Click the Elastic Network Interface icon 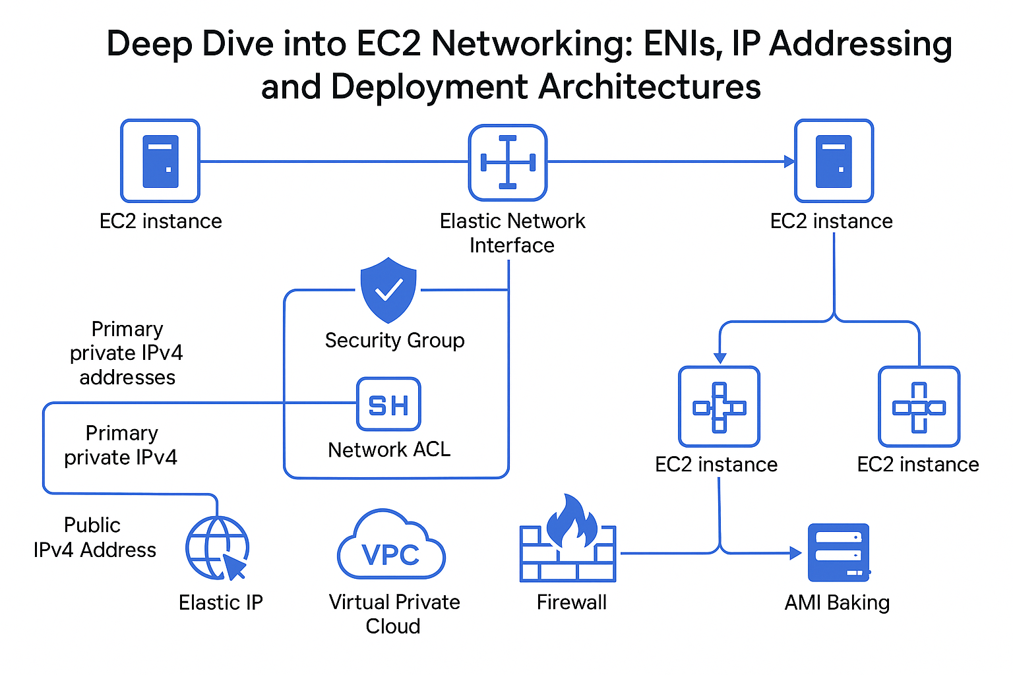(507, 162)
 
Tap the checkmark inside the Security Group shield (388, 289)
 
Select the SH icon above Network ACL (388, 405)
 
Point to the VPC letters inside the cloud (390, 555)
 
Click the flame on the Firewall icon (571, 521)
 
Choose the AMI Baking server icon (838, 552)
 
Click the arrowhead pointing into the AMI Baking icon (796, 553)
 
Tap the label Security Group (394, 340)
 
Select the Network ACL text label (389, 450)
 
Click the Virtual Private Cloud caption (394, 614)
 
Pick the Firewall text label (571, 602)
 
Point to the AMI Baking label (837, 602)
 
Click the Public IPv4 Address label (94, 537)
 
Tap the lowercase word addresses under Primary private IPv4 (127, 378)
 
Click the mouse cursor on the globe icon (234, 566)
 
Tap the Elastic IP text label (220, 602)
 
